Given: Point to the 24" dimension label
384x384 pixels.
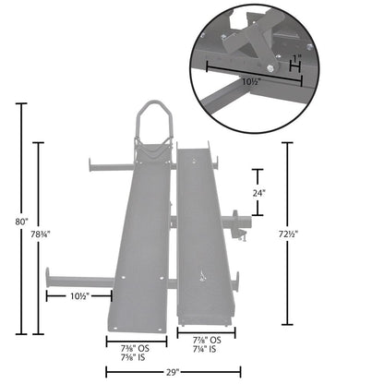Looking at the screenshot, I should click(x=259, y=194).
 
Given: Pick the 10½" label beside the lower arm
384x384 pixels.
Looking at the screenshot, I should click(x=80, y=296).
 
